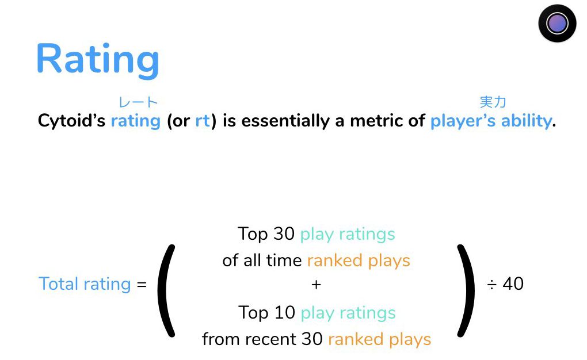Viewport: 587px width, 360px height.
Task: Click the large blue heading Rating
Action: pyautogui.click(x=98, y=59)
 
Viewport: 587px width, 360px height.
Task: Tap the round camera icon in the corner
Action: pyautogui.click(x=557, y=23)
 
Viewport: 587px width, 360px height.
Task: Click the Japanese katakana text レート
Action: pyautogui.click(x=138, y=102)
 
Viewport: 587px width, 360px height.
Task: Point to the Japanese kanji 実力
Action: pyautogui.click(x=493, y=102)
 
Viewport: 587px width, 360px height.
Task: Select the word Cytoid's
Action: pyautogui.click(x=71, y=121)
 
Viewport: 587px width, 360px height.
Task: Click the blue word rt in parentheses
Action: pyautogui.click(x=203, y=121)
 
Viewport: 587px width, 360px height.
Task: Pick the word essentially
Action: pyautogui.click(x=285, y=121)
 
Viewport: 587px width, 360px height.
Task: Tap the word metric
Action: pyautogui.click(x=376, y=121)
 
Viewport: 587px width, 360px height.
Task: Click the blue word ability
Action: pyautogui.click(x=527, y=121)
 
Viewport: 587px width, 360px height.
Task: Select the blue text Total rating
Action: pyautogui.click(x=85, y=284)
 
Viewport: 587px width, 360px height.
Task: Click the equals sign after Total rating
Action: pyautogui.click(x=142, y=285)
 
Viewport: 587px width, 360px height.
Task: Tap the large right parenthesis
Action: pyautogui.click(x=466, y=291)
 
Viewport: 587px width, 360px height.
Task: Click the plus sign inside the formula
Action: pyautogui.click(x=316, y=285)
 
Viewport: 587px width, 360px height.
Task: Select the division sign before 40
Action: pyautogui.click(x=491, y=285)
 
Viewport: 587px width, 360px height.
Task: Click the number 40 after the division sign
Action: pyautogui.click(x=513, y=284)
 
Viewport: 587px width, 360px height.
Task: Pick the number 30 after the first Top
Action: pyautogui.click(x=284, y=234)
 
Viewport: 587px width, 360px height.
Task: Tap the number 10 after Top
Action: pyautogui.click(x=284, y=312)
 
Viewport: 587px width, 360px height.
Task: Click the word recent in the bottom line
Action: pyautogui.click(x=271, y=339)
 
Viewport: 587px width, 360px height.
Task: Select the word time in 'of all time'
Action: pyautogui.click(x=284, y=261)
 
